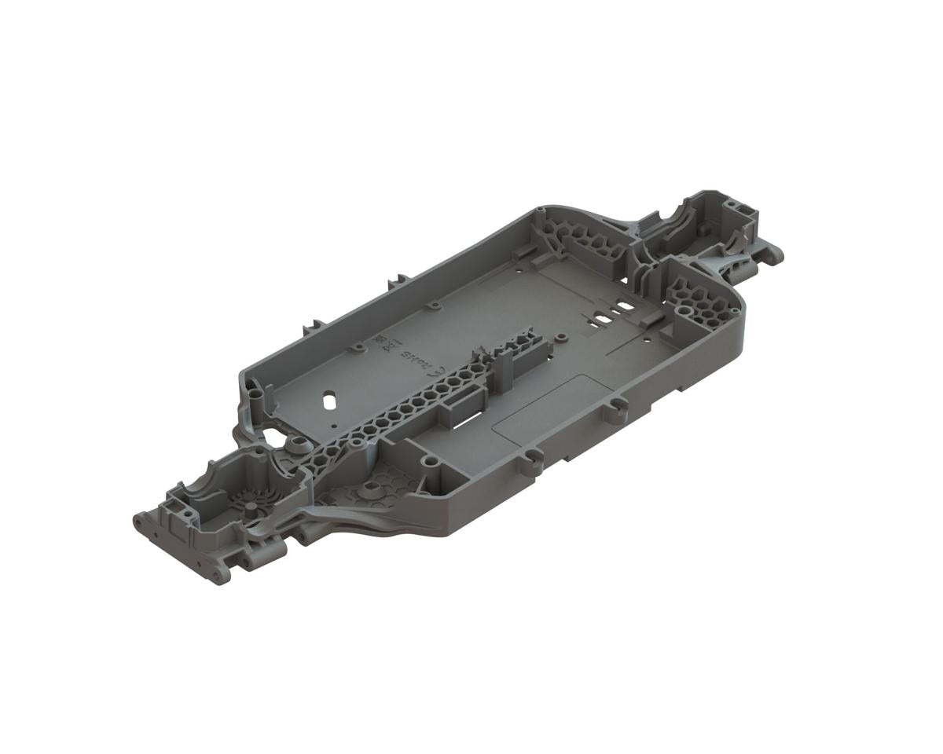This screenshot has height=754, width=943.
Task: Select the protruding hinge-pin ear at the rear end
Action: coord(773,253)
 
